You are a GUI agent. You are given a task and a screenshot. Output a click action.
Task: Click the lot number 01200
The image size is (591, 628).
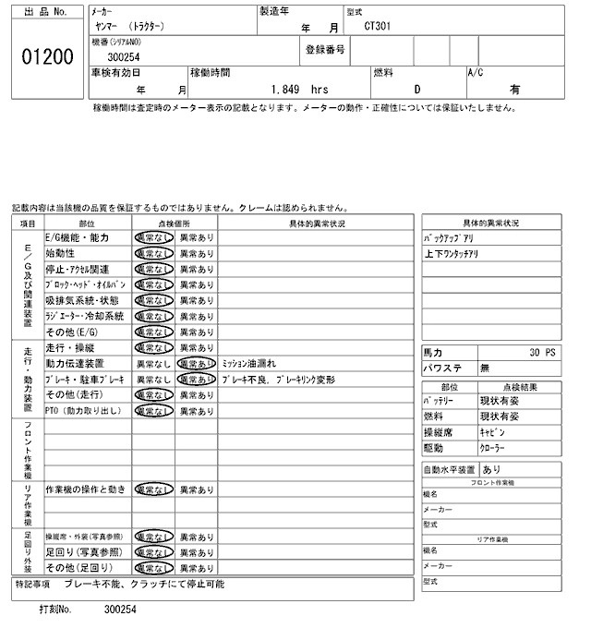[x=46, y=57]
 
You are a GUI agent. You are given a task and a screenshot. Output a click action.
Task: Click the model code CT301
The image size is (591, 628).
[x=378, y=28]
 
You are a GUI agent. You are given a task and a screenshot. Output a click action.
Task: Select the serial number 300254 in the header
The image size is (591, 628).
[x=124, y=57]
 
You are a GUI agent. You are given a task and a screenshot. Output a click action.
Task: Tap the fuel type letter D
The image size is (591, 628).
[x=416, y=91]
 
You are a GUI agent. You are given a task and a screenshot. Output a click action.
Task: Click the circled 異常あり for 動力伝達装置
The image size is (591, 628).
[x=197, y=364]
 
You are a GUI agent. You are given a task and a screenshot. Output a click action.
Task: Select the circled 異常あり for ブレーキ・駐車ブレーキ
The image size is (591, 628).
[x=197, y=380]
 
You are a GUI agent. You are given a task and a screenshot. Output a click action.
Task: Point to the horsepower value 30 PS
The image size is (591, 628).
[x=544, y=353]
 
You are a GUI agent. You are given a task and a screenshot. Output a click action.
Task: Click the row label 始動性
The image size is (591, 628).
[x=60, y=253]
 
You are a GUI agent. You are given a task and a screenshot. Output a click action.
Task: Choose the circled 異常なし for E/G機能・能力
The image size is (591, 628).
[x=153, y=237]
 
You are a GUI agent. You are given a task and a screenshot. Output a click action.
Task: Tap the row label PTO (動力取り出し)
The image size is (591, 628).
[x=83, y=410]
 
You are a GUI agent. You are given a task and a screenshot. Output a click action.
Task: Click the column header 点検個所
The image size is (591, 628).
[x=175, y=223]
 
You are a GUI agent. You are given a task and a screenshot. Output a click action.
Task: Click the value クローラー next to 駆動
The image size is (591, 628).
[x=492, y=447]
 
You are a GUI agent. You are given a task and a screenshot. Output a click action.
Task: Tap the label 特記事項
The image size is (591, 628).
[x=33, y=586]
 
